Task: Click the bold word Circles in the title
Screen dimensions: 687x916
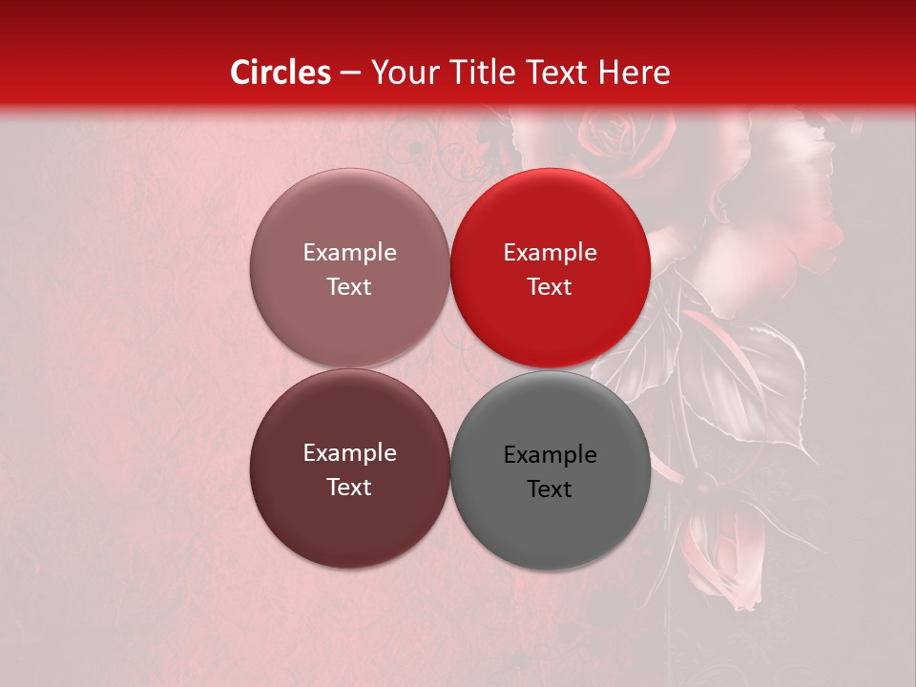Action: pos(281,73)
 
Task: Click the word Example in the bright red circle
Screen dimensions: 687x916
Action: pos(550,253)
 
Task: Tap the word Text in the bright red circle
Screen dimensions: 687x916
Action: pos(550,287)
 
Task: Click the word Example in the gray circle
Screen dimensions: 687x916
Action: pos(550,455)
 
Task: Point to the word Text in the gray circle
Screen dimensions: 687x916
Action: pos(550,489)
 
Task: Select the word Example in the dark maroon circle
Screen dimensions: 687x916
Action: pos(349,453)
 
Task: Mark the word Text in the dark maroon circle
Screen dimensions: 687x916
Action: pos(349,488)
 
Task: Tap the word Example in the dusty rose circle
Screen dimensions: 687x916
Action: pos(349,253)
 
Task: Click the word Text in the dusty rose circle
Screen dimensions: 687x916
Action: pos(349,287)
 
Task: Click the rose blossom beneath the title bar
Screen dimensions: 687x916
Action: pos(615,134)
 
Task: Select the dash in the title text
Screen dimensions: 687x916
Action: pos(350,73)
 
